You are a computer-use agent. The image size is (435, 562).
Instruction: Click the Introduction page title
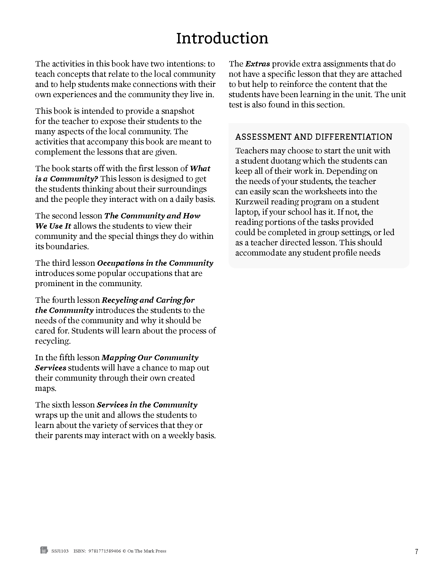coord(222,38)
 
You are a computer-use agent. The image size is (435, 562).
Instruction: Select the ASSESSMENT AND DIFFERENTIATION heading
coord(313,137)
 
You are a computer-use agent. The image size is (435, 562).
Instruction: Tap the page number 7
coord(416,551)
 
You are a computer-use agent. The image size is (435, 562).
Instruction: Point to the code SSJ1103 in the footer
coord(60,551)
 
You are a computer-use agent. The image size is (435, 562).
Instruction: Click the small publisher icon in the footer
coord(44,551)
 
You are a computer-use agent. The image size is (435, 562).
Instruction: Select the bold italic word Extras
coord(257,64)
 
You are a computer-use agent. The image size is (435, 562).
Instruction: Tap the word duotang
coord(284,161)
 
